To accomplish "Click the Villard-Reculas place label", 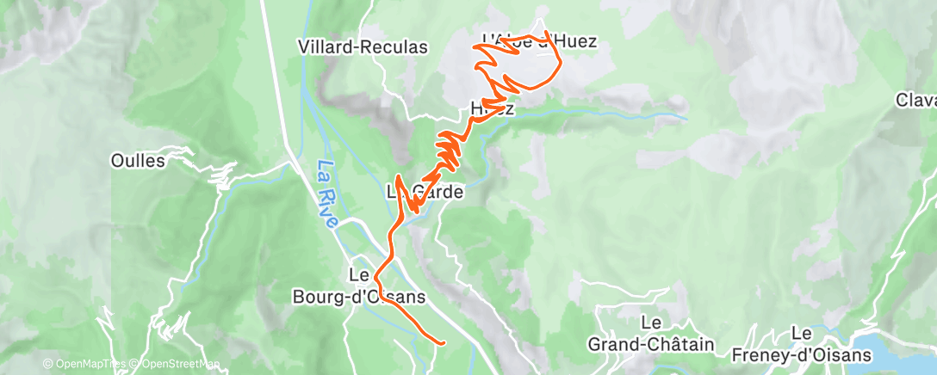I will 362,47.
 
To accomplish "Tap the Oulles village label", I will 139,160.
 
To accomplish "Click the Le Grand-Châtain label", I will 650,334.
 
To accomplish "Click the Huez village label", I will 493,109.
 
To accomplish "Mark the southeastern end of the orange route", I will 443,343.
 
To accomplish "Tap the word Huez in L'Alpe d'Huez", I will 575,40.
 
